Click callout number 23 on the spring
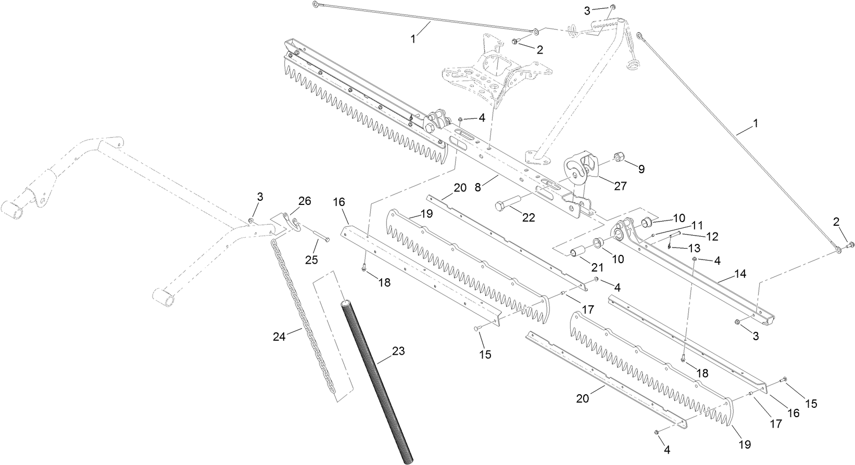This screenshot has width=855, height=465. [x=398, y=351]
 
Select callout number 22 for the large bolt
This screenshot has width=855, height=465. [x=529, y=218]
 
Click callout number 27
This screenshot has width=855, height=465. [x=621, y=186]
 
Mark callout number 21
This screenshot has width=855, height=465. [x=597, y=267]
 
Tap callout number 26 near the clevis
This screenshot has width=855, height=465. [x=305, y=201]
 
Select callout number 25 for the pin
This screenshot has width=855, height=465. [x=311, y=260]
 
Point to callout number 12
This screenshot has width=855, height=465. [x=712, y=236]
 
